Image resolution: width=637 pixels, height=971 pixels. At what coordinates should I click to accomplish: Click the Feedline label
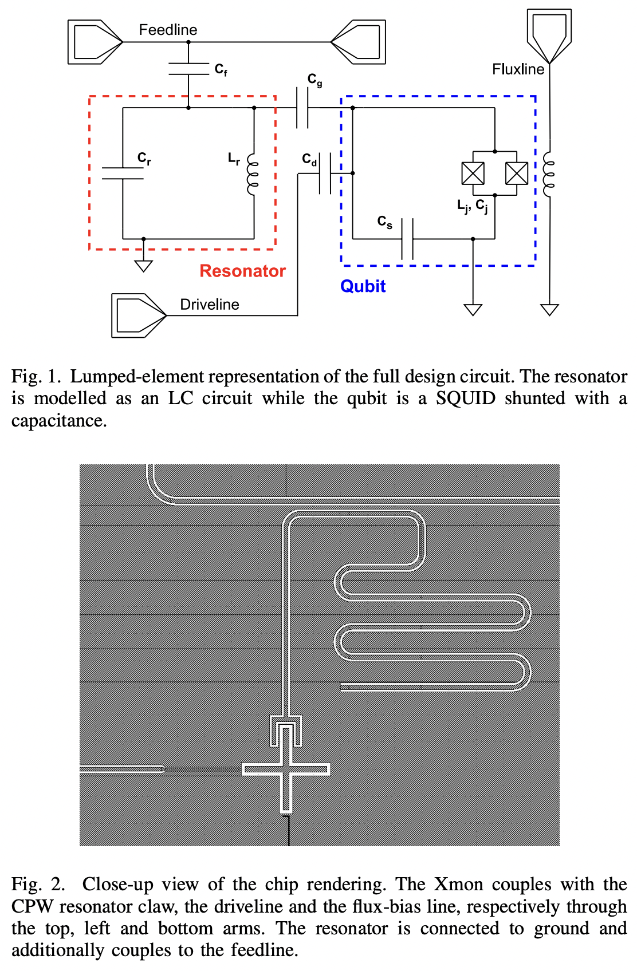[168, 30]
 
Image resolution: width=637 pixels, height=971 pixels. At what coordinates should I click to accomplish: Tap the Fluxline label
[518, 69]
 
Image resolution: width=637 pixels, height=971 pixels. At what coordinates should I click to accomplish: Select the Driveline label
[210, 305]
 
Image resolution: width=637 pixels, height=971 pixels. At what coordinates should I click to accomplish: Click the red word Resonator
[242, 271]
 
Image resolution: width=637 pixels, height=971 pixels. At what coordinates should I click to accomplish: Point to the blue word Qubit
[363, 286]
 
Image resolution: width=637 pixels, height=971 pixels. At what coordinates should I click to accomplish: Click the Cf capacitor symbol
[188, 69]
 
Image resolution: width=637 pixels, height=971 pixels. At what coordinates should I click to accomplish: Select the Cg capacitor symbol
[302, 108]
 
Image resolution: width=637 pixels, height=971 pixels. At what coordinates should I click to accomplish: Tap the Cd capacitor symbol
[325, 173]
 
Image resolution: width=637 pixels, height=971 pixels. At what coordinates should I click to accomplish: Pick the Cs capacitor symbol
[408, 239]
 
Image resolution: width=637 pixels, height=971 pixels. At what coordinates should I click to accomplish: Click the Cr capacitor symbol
[123, 173]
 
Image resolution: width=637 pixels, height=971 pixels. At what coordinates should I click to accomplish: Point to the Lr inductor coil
[252, 173]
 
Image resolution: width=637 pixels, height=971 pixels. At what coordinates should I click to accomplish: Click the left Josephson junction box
[473, 173]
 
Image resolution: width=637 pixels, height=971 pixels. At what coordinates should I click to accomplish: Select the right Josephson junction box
[517, 173]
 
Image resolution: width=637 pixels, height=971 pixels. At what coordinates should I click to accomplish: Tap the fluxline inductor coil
[549, 173]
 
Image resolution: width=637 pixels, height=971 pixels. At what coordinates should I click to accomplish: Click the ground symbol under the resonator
[144, 266]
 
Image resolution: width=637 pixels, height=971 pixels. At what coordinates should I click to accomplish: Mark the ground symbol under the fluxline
[549, 310]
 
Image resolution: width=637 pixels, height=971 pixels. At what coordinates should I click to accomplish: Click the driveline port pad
[139, 315]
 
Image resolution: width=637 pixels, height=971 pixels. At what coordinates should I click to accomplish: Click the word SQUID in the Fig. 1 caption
[465, 398]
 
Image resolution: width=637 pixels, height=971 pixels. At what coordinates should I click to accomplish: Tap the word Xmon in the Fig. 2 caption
[458, 885]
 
